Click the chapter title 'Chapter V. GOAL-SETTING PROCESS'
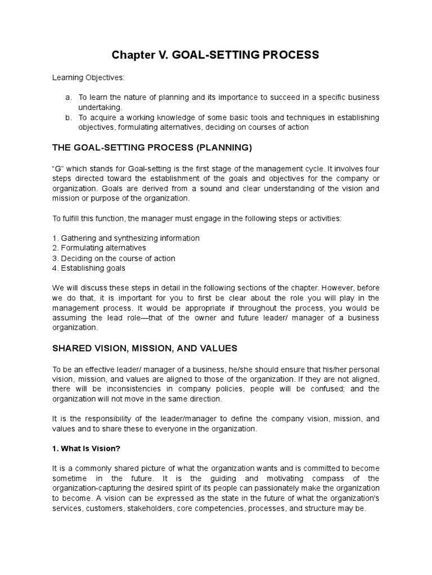[x=215, y=55]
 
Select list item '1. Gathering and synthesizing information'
[x=125, y=238]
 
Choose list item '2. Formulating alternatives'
[x=99, y=248]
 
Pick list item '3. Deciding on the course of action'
[x=114, y=258]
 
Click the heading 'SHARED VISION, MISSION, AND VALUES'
[x=145, y=348]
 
